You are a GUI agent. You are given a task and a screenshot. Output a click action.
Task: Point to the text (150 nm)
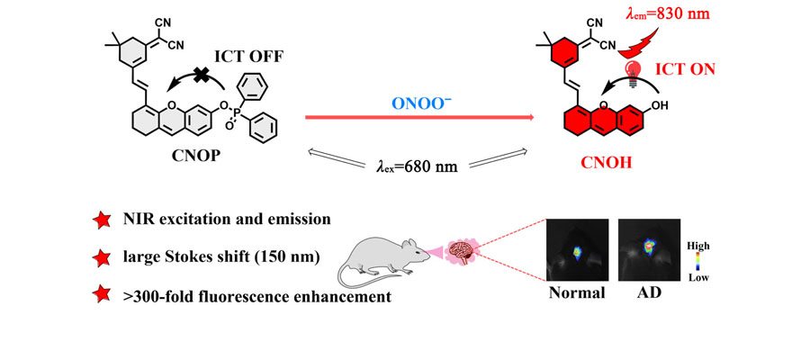pos(285,256)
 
